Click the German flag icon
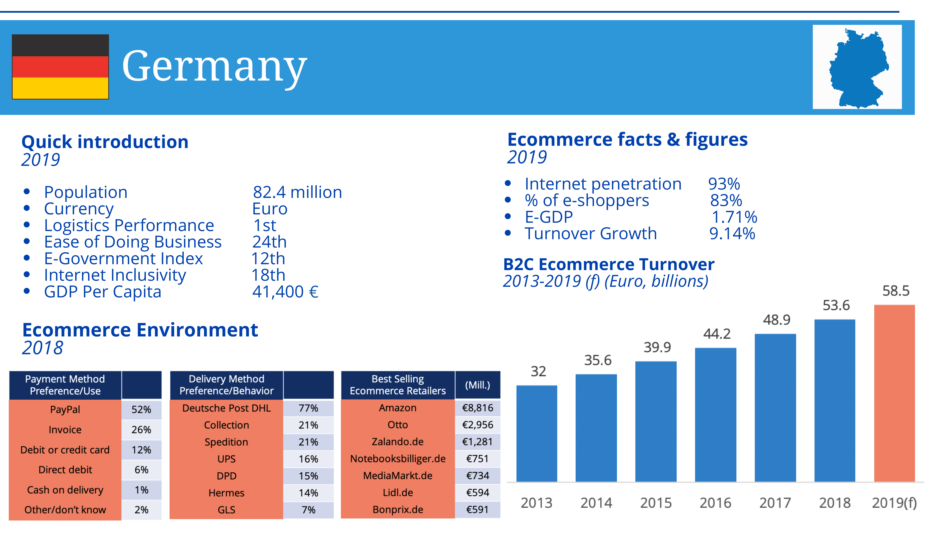pos(60,67)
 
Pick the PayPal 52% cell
pos(141,409)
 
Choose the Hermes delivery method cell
pos(226,493)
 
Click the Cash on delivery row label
pos(65,490)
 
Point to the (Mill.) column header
pos(477,385)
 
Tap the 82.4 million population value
pos(297,192)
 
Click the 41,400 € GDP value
pos(285,292)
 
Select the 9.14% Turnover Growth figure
pos(732,234)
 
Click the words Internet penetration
pos(603,184)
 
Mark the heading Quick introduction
pos(105,142)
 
